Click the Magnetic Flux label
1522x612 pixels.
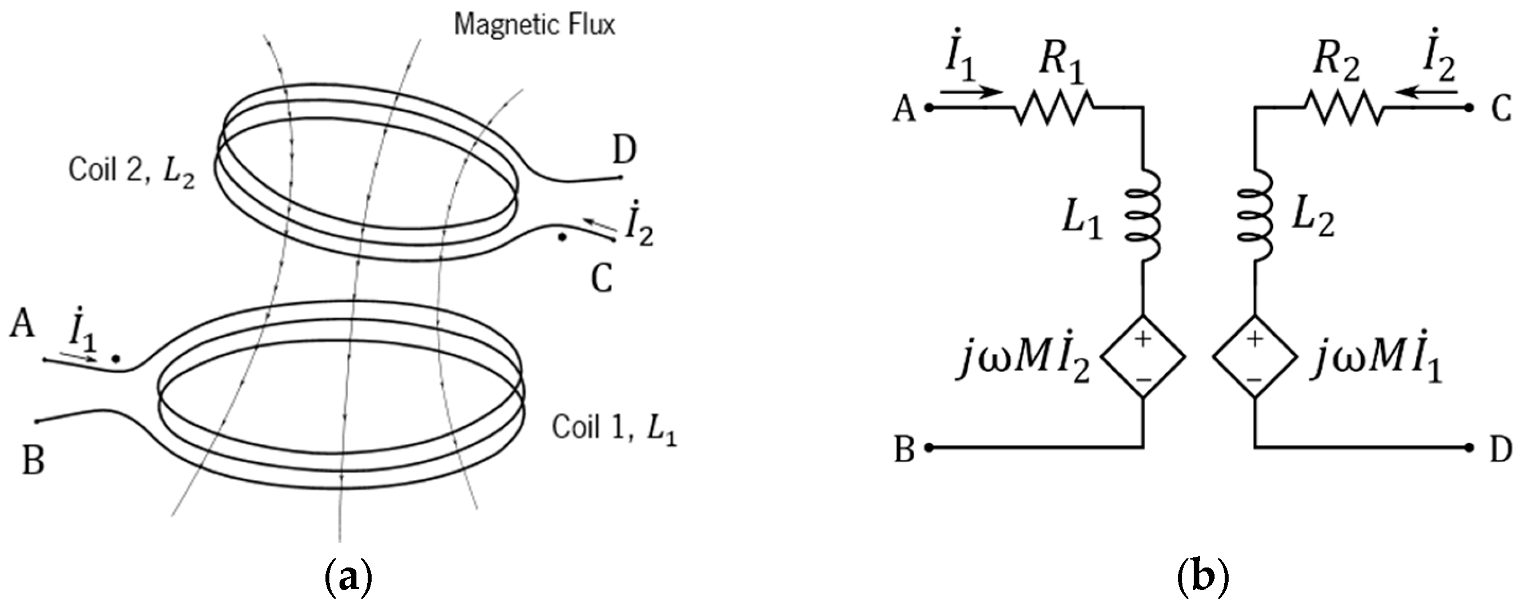534,25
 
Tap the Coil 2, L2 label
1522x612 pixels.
131,171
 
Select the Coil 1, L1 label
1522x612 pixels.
614,428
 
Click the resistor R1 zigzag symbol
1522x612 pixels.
1055,108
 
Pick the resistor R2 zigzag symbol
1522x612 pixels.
1344,108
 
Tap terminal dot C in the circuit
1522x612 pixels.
1469,108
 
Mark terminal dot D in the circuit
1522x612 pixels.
1469,447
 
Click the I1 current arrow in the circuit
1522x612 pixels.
971,92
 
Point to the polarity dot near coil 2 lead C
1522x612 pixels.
563,238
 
